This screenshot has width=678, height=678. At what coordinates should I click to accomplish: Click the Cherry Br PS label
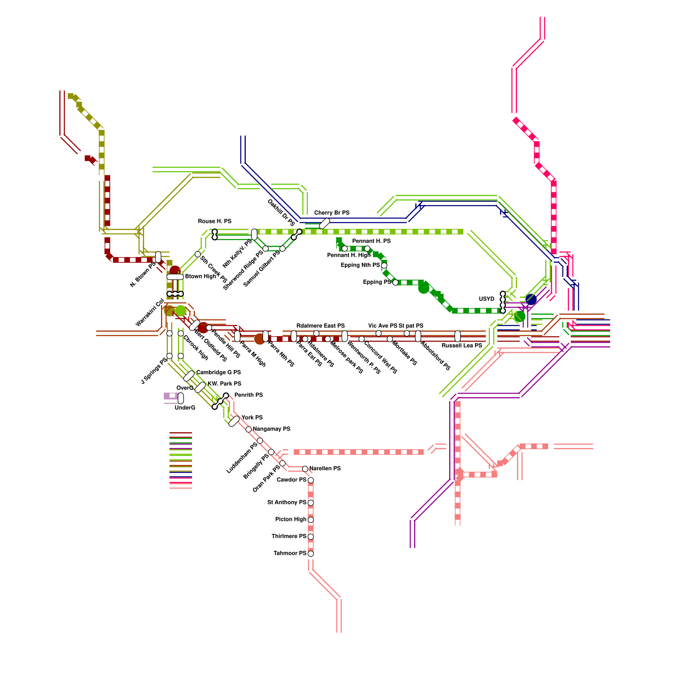pyautogui.click(x=332, y=213)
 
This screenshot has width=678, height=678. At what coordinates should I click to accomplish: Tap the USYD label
pyautogui.click(x=486, y=299)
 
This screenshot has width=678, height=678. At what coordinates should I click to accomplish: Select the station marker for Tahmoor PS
pyautogui.click(x=311, y=553)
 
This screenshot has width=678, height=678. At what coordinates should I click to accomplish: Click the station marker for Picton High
pyautogui.click(x=311, y=520)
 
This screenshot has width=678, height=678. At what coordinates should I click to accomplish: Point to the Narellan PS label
pyautogui.click(x=325, y=469)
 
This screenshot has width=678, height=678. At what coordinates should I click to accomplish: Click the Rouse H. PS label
pyautogui.click(x=215, y=221)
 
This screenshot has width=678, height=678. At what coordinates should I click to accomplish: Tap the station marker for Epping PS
pyautogui.click(x=395, y=282)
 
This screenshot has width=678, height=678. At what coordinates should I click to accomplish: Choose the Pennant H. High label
pyautogui.click(x=349, y=255)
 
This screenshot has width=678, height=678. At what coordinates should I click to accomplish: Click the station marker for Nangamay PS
pyautogui.click(x=249, y=429)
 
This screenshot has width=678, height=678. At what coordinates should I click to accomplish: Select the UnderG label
pyautogui.click(x=185, y=408)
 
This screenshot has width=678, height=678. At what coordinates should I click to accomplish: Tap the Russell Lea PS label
pyautogui.click(x=462, y=346)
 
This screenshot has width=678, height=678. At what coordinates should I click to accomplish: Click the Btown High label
pyautogui.click(x=201, y=277)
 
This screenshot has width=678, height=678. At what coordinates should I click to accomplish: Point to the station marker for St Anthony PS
pyautogui.click(x=311, y=503)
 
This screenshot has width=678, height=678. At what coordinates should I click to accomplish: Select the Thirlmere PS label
pyautogui.click(x=289, y=536)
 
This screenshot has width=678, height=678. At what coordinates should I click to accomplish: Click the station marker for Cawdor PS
pyautogui.click(x=311, y=480)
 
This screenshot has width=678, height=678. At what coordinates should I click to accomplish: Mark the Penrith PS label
pyautogui.click(x=249, y=395)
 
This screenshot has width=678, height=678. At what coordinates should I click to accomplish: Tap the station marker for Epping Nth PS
pyautogui.click(x=384, y=266)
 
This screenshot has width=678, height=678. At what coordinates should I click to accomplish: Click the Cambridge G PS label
pyautogui.click(x=218, y=372)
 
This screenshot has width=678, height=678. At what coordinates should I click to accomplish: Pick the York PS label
pyautogui.click(x=252, y=418)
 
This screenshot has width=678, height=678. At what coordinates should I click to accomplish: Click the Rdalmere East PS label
pyautogui.click(x=320, y=326)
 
